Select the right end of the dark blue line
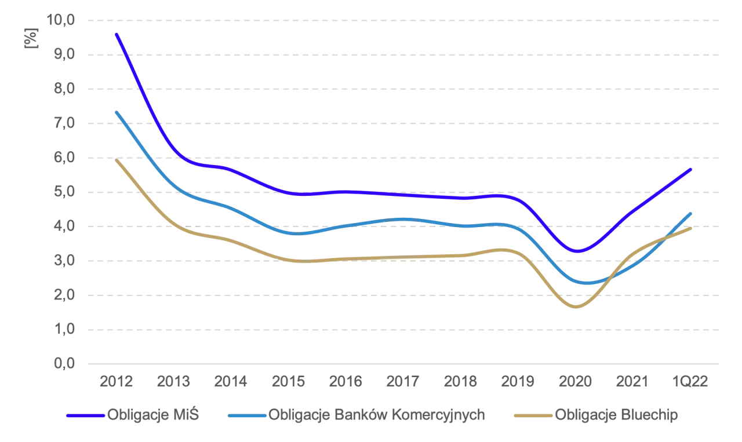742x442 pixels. click(x=693, y=168)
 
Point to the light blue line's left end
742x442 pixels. click(x=117, y=109)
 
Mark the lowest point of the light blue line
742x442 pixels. click(x=585, y=283)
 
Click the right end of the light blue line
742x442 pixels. click(x=693, y=212)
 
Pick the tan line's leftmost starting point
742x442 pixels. click(x=117, y=159)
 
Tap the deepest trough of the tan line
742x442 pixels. click(x=577, y=307)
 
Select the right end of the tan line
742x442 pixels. click(x=693, y=228)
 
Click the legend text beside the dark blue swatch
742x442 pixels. click(x=153, y=415)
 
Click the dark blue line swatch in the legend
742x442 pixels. click(x=85, y=415)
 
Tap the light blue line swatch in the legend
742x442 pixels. click(x=248, y=415)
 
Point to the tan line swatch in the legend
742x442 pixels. click(x=530, y=415)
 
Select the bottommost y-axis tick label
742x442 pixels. click(x=64, y=363)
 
